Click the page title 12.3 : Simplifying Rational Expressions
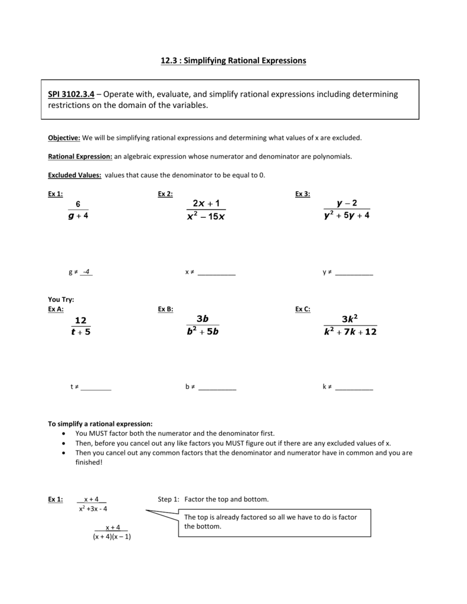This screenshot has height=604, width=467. point(233,61)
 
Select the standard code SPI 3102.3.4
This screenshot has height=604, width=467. point(71,94)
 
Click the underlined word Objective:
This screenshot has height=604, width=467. point(64,137)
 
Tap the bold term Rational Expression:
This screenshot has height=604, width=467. point(80,156)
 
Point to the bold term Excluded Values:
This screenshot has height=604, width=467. point(74,175)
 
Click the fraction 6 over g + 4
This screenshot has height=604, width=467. point(78,210)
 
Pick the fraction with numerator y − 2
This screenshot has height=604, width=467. point(347,210)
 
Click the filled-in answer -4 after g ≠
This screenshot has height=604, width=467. point(87,272)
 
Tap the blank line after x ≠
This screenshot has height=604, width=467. point(216,273)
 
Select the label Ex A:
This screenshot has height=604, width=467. point(55,309)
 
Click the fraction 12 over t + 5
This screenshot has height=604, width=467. point(80,326)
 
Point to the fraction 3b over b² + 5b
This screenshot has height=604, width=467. point(203,325)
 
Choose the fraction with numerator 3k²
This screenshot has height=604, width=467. point(350,325)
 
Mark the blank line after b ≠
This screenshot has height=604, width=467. point(217,388)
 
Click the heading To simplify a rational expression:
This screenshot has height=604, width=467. point(100,424)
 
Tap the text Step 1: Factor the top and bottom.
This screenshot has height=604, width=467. point(213,499)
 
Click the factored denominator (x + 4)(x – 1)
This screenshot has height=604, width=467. point(112,537)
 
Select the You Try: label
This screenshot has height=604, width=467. point(61,300)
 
